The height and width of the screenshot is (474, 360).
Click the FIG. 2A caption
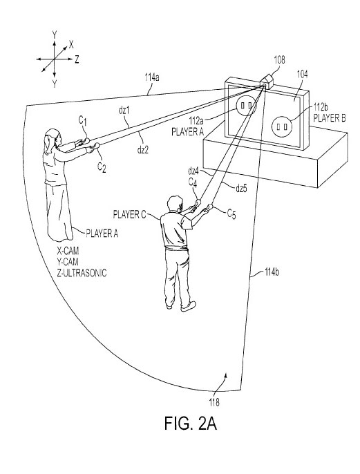[191, 423]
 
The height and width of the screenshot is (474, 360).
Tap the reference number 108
[279, 59]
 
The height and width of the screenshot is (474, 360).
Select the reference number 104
[302, 74]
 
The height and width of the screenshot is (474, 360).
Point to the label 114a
[152, 77]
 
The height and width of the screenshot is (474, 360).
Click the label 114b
[272, 272]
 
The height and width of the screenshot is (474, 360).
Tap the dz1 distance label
[124, 111]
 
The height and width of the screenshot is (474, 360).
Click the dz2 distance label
[143, 149]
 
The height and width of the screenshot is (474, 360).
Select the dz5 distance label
[242, 189]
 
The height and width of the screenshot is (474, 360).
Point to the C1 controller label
[83, 121]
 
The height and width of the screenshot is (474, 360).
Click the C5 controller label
[231, 214]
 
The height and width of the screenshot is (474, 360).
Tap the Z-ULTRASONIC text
[82, 273]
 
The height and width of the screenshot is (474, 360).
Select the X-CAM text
[68, 251]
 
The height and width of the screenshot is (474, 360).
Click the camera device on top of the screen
[267, 81]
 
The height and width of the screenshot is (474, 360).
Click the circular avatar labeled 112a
[246, 106]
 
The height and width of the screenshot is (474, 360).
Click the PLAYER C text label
[129, 215]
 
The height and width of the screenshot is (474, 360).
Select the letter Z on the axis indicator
[77, 59]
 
